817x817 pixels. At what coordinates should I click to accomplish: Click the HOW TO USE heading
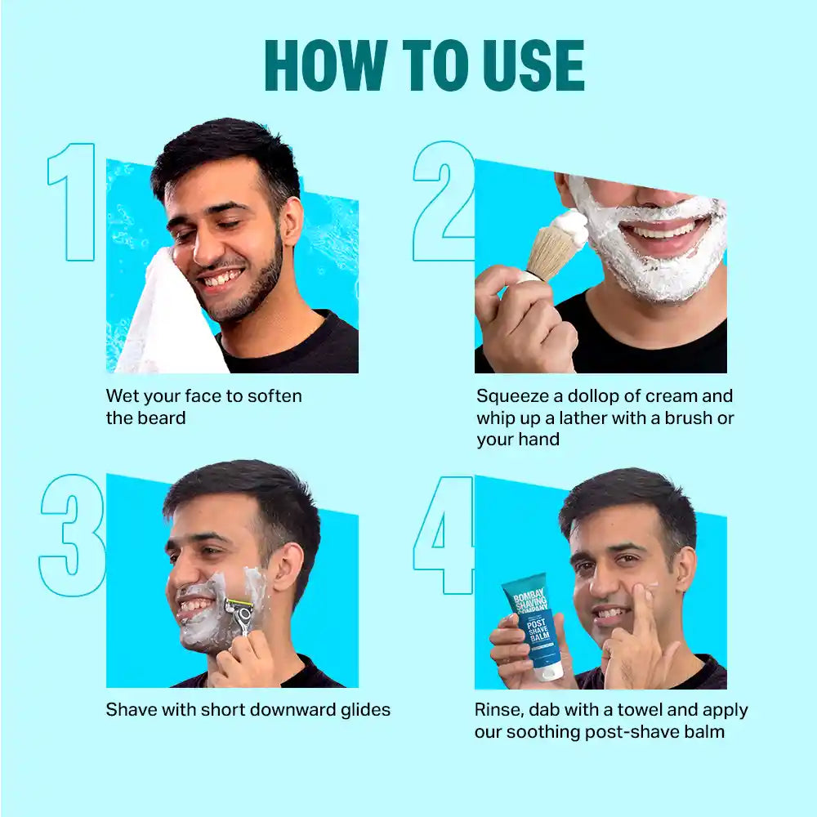tap(424, 65)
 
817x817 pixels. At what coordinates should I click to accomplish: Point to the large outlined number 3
tap(73, 534)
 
